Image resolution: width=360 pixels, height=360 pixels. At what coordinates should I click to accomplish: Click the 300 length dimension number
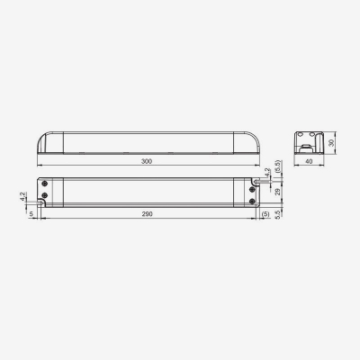[x=148, y=161]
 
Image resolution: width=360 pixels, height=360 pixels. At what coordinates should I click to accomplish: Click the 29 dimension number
[x=278, y=191]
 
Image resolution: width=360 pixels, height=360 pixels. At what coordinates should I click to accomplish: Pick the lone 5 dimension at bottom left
[x=31, y=214]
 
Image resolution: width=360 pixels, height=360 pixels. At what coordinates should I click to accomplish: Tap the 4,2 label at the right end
[x=267, y=172]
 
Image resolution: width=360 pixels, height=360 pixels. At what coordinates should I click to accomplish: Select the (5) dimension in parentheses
[x=265, y=214]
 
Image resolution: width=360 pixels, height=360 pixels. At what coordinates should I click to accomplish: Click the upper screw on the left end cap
[x=47, y=184]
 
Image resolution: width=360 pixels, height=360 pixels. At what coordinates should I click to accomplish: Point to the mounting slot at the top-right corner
[x=258, y=179]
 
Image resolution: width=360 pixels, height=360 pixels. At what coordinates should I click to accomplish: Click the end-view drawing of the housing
[x=310, y=143]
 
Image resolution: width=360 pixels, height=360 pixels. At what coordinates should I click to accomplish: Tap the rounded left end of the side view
[x=42, y=143]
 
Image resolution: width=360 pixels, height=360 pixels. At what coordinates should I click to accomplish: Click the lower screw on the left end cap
[x=47, y=195]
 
